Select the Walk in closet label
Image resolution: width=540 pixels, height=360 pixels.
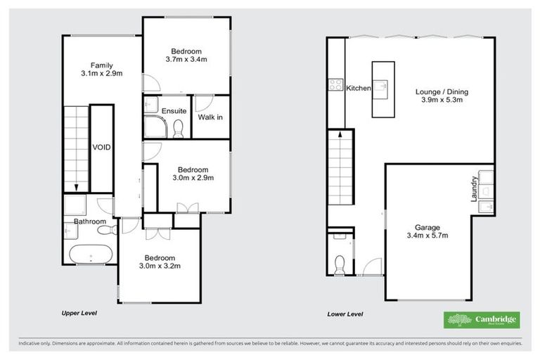[x=210, y=117]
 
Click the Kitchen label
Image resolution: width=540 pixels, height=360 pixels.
[x=359, y=88]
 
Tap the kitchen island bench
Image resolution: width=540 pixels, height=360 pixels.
[x=382, y=89]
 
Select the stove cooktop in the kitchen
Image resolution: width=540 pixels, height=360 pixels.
[x=334, y=86]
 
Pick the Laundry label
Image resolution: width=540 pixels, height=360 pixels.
[x=475, y=190]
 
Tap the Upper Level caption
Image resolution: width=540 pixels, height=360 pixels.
[x=79, y=313]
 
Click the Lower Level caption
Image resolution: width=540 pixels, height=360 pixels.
[x=345, y=314]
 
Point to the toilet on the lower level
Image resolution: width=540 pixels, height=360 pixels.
[x=339, y=262]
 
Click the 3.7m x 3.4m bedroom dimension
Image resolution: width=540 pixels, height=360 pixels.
[x=186, y=60]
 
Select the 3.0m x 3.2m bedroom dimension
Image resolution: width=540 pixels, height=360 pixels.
[x=160, y=266]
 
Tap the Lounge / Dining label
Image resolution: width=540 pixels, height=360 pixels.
[x=442, y=91]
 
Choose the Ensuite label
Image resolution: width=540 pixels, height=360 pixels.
[x=174, y=111]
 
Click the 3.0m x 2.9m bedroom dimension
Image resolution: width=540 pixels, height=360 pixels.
[x=192, y=179]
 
